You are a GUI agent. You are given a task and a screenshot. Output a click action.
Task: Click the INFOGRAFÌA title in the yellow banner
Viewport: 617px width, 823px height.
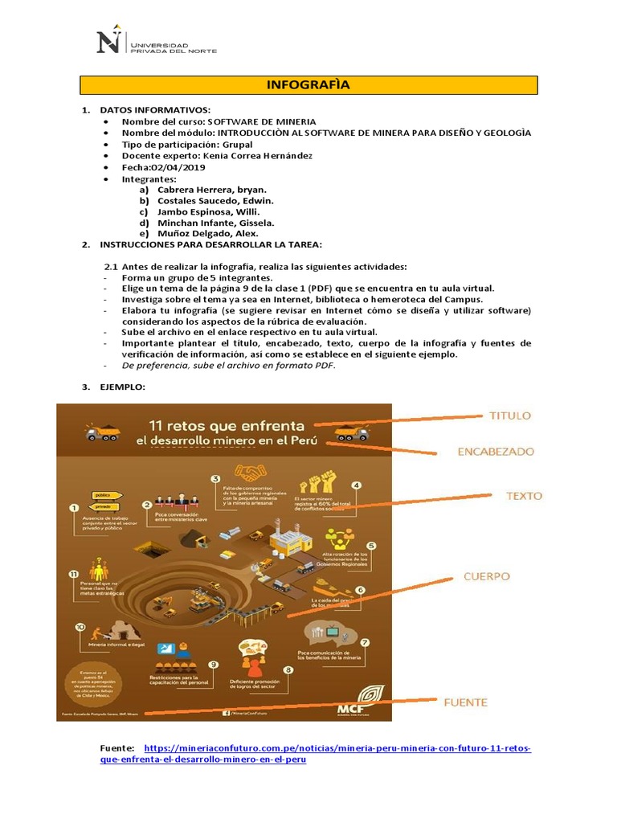point(308,85)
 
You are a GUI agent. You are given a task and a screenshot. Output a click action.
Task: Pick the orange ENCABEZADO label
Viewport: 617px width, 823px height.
point(495,452)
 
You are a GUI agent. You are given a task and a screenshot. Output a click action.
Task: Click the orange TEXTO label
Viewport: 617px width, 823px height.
point(523,496)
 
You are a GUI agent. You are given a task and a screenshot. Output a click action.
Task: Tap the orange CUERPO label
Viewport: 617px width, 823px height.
point(487,576)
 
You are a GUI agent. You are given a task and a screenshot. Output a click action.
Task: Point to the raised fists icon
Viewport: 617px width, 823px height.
point(317,485)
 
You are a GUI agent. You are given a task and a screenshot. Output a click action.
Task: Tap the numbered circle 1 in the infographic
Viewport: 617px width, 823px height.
point(73,509)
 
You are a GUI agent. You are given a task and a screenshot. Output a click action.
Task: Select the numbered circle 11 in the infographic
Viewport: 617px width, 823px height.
point(74,574)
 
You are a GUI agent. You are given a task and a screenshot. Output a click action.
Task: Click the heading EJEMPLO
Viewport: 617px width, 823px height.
point(122,387)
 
